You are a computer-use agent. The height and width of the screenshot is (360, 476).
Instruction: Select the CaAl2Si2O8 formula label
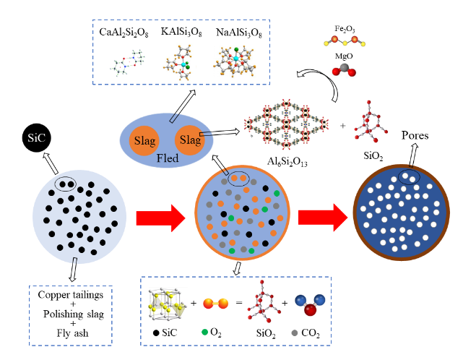click(x=126, y=33)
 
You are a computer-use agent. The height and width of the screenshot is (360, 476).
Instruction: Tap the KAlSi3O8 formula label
click(x=180, y=33)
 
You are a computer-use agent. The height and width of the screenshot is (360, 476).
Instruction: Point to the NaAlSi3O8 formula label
click(x=238, y=33)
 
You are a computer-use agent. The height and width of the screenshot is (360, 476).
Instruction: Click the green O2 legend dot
click(x=206, y=334)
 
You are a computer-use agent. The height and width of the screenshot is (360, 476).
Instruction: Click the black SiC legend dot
click(x=158, y=334)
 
